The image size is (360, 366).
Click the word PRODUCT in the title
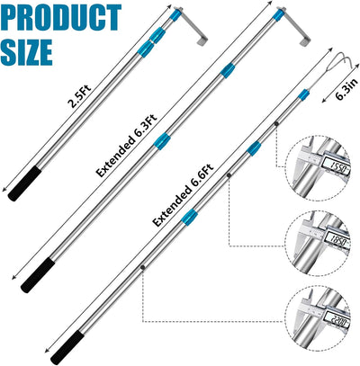click(61, 17)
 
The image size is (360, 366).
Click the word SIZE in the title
click(27, 52)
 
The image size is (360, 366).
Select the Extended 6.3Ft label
click(127, 146)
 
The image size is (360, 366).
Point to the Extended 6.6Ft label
click(184, 195)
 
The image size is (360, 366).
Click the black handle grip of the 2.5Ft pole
click(24, 183)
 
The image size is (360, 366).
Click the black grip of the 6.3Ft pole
click(38, 276)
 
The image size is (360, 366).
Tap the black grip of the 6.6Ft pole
click(67, 347)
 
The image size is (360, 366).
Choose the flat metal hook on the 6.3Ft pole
click(293, 26)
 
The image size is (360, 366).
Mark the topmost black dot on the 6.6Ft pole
click(276, 123)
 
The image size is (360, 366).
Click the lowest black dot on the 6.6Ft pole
click(143, 267)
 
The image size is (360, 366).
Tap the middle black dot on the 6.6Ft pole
click(229, 175)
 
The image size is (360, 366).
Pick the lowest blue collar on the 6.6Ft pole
click(190, 217)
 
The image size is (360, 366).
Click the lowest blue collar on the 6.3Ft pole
click(162, 141)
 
